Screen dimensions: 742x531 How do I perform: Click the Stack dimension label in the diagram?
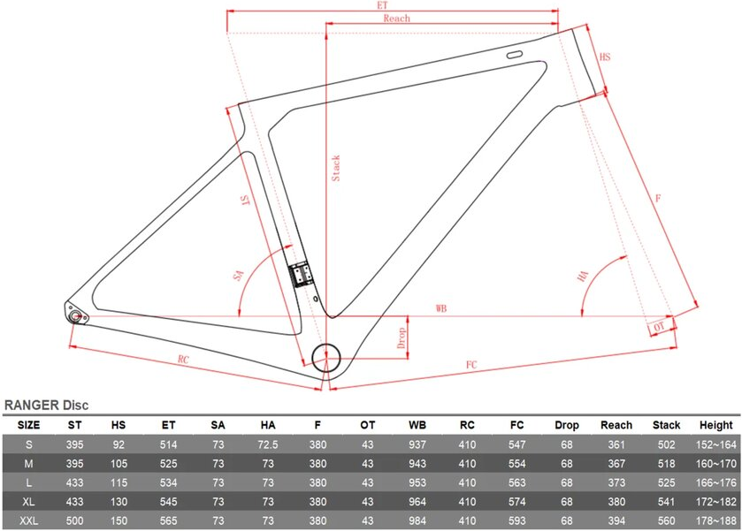335,169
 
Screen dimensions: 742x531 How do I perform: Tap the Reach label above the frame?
396,19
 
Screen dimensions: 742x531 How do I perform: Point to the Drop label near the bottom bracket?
402,338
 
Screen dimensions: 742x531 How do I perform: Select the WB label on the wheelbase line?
441,308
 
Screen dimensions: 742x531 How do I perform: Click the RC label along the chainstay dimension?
183,360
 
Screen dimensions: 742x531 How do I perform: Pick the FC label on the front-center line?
471,365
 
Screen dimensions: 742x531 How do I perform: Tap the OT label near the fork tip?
659,327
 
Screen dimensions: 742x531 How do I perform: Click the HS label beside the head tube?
605,57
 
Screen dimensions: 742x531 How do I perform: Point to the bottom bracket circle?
326,358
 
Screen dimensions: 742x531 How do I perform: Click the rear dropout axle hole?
75,315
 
